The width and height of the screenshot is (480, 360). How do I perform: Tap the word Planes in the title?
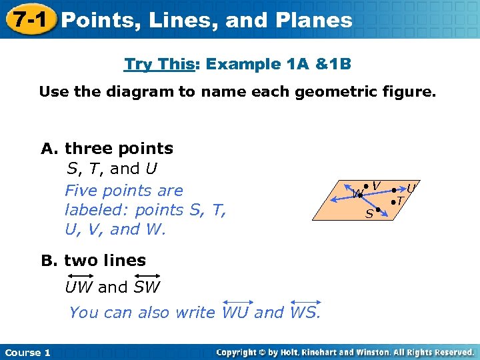[315, 21]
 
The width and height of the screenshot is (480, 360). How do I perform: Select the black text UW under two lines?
[79, 287]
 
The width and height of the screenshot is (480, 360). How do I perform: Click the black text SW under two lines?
[147, 287]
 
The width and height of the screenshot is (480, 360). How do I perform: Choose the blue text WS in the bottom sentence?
[305, 312]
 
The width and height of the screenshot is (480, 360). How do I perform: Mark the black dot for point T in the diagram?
[393, 200]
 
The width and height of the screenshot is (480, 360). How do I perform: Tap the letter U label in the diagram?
[411, 189]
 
